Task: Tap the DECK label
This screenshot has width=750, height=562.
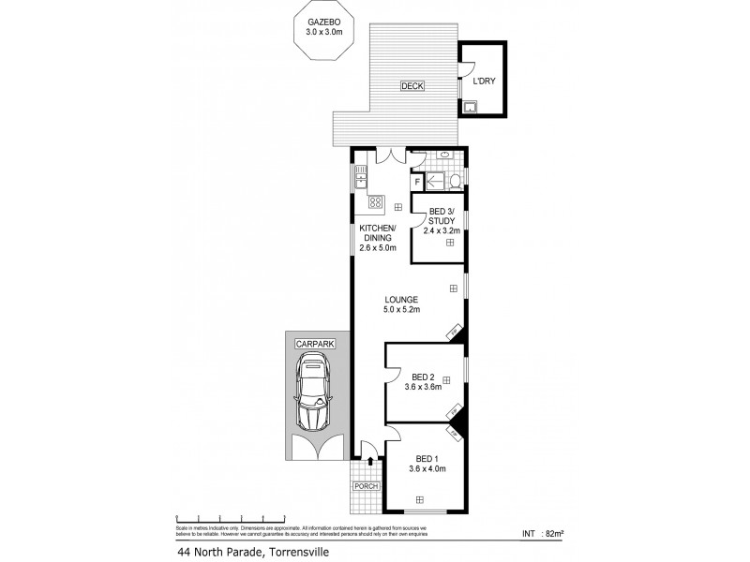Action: [x=412, y=86]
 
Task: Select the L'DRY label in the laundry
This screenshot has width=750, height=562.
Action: [x=483, y=81]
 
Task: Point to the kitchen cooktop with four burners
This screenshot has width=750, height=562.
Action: [x=375, y=201]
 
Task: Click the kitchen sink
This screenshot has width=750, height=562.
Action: [x=360, y=174]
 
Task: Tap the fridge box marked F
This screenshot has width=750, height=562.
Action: [x=417, y=182]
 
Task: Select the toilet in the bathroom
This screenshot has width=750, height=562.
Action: [x=454, y=181]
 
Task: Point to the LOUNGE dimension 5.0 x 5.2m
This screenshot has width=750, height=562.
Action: [x=400, y=310]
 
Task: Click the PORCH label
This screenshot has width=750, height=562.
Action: [x=363, y=487]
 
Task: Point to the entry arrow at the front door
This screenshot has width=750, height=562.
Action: [x=373, y=461]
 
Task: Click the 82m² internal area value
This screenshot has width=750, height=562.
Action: [x=551, y=534]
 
